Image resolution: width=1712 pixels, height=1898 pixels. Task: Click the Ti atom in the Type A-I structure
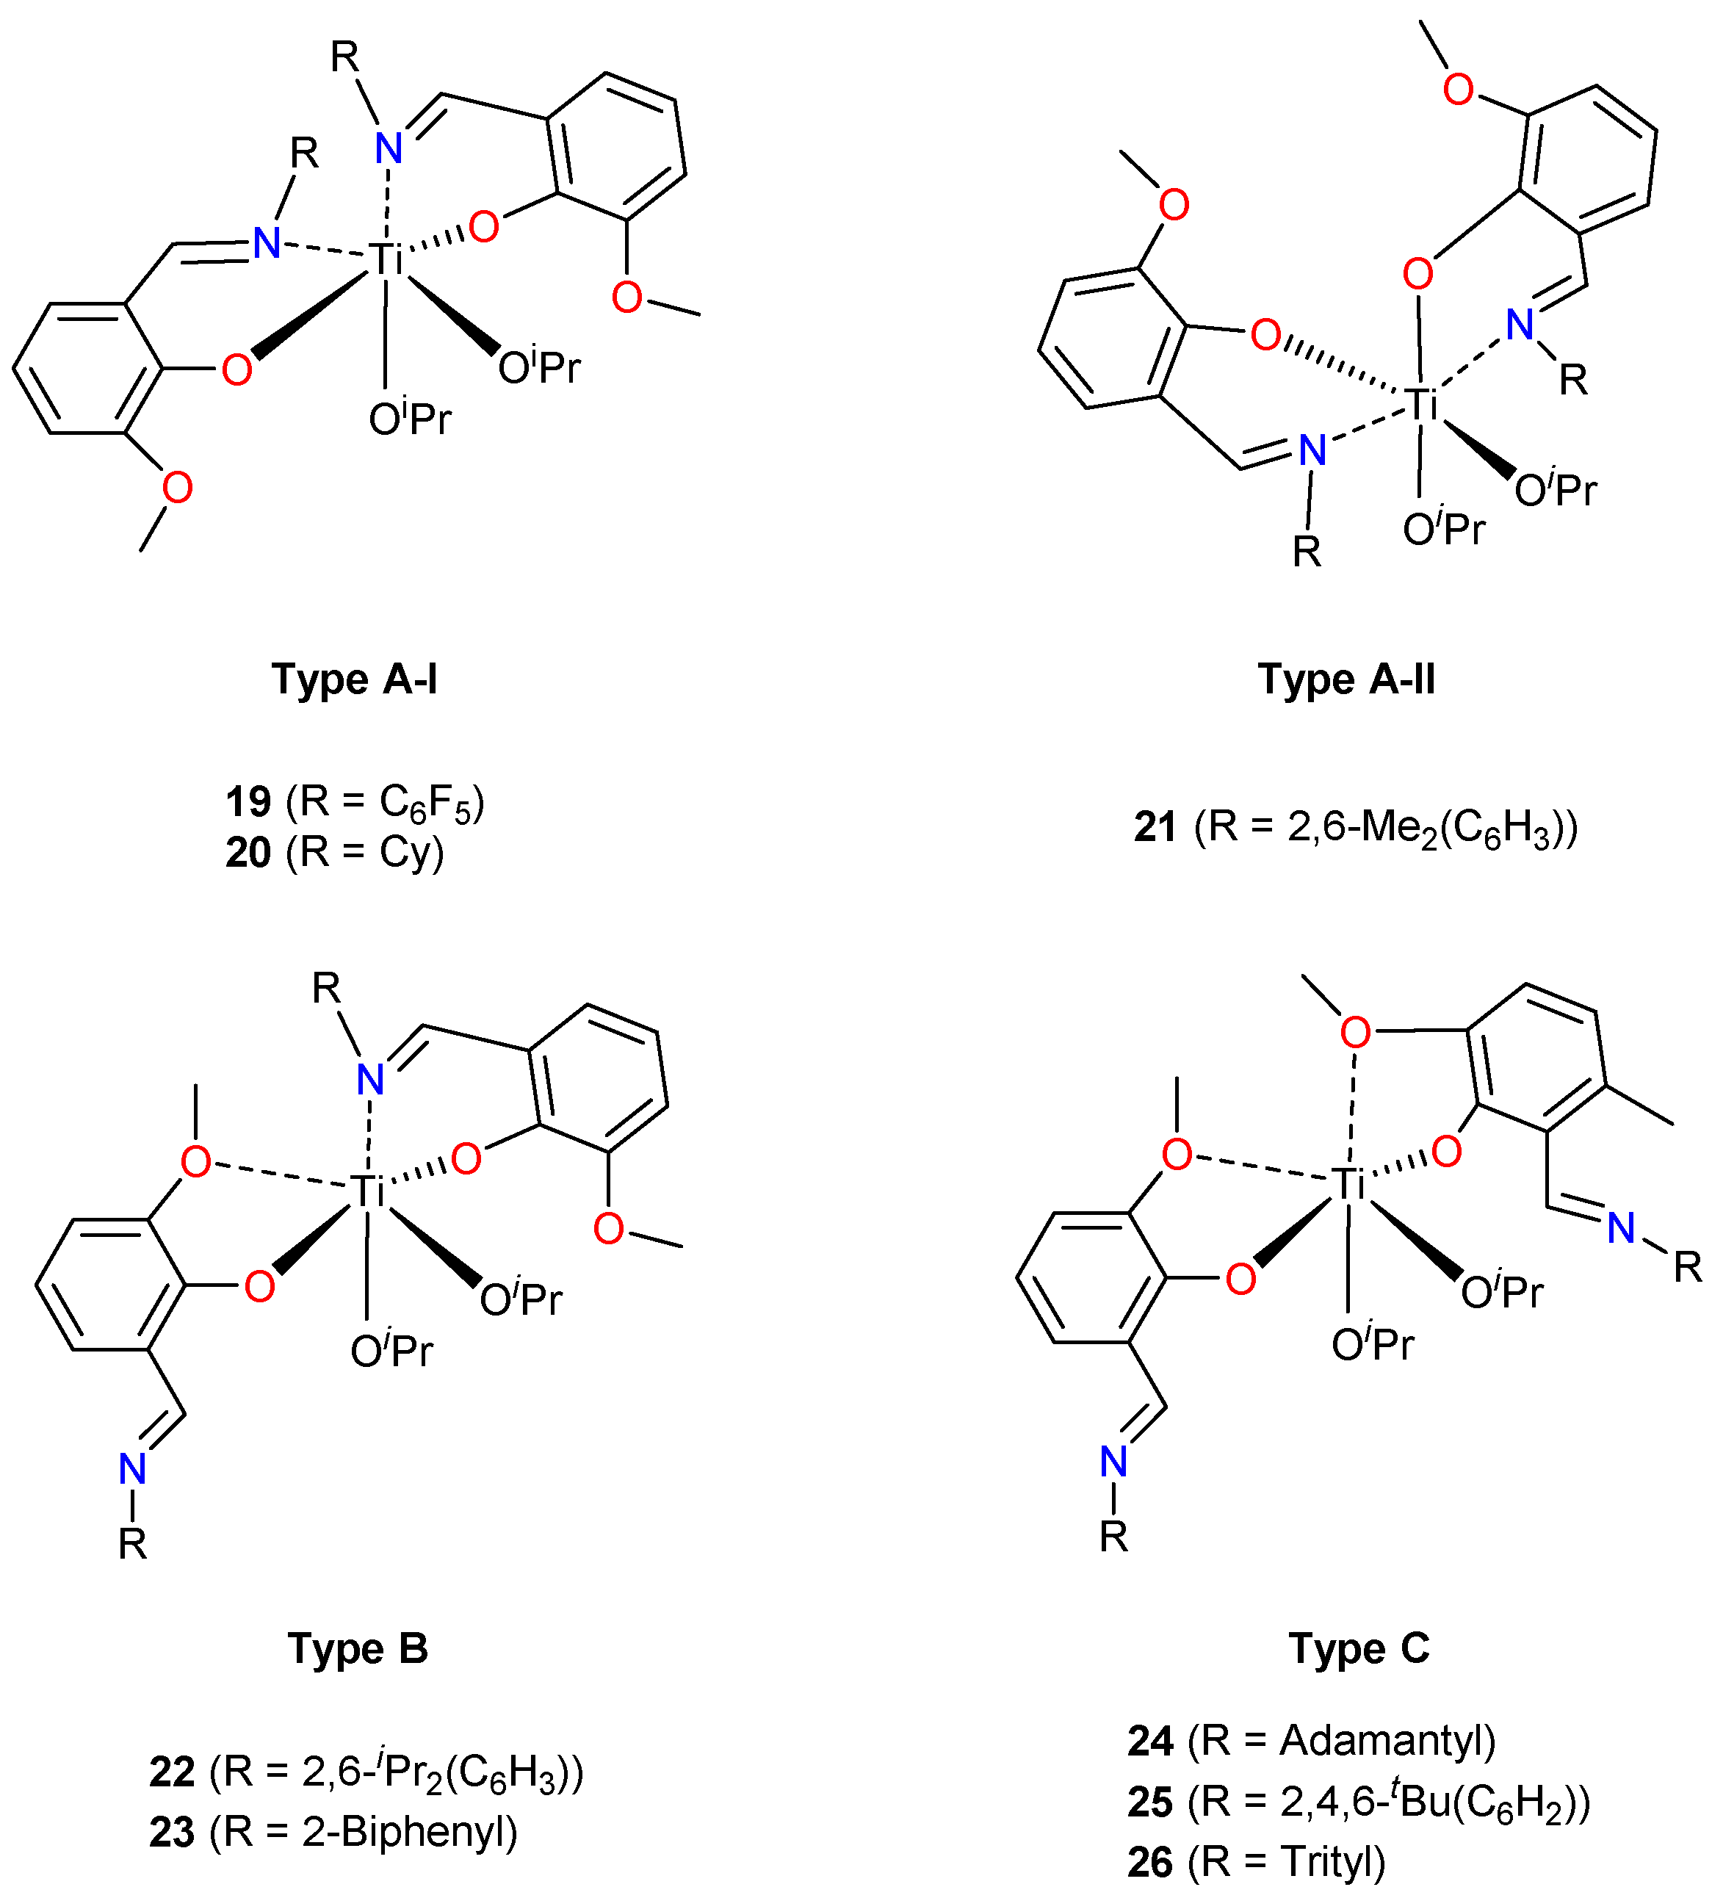tap(384, 259)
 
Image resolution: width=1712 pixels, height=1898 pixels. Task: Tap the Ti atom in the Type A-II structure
tap(1423, 405)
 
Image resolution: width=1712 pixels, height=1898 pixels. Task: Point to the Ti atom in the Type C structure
tap(1349, 1184)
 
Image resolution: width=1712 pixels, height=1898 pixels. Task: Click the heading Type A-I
tap(355, 678)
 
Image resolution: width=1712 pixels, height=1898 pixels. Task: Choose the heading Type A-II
tap(1346, 678)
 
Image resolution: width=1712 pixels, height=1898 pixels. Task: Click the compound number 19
tap(248, 802)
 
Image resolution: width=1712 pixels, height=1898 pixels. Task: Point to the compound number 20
tap(248, 853)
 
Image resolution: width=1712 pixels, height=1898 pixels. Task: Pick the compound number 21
tap(1155, 828)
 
